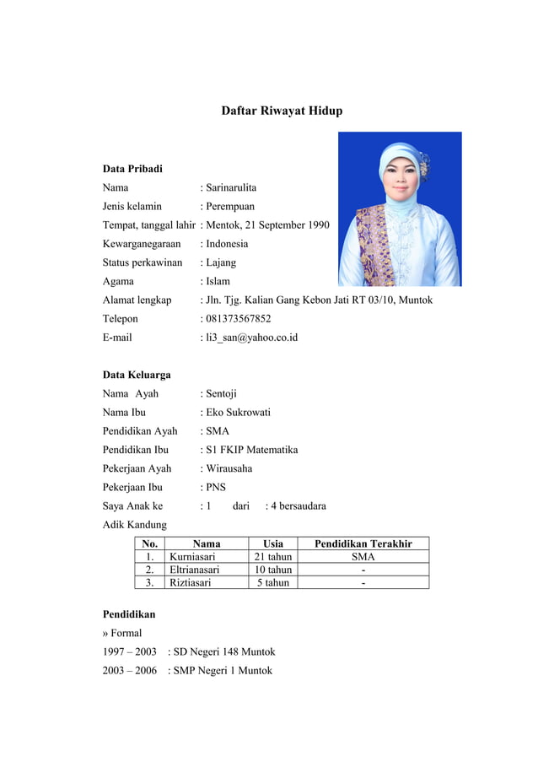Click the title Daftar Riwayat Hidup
[x=282, y=111]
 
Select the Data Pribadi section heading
[x=132, y=169]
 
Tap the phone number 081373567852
[x=239, y=319]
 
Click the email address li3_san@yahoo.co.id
[x=251, y=338]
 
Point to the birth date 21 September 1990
[x=288, y=225]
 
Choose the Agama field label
[x=118, y=281]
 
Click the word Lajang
[x=221, y=262]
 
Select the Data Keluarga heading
[x=137, y=375]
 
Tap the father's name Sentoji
[x=222, y=393]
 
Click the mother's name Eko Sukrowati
[x=239, y=413]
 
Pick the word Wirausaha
[x=229, y=468]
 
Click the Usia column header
[x=273, y=544]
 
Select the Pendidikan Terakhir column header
[x=363, y=544]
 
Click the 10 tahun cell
[x=273, y=570]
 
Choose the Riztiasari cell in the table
[x=191, y=582]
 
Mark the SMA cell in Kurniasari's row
[x=363, y=557]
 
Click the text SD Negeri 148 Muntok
[x=224, y=651]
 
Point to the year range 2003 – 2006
[x=130, y=671]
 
